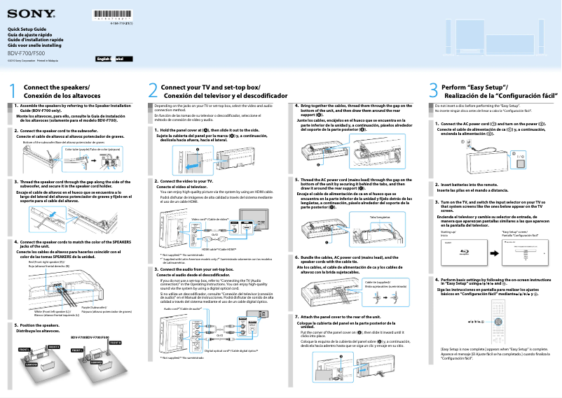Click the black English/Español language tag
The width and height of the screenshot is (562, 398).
(114, 61)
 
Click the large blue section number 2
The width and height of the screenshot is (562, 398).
(153, 91)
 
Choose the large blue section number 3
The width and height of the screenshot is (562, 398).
(432, 91)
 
